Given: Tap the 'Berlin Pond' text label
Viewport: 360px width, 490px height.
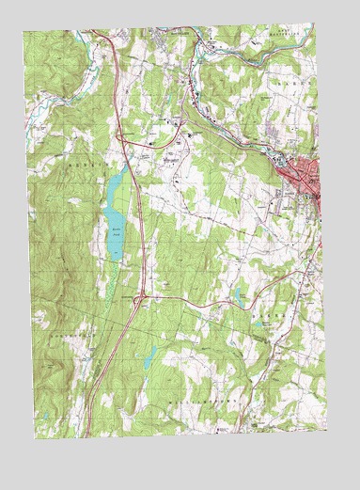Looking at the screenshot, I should click(x=116, y=229).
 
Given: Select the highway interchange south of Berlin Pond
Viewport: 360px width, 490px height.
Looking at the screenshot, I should click(x=140, y=300).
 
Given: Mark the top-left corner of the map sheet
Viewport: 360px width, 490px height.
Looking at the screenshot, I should click(x=23, y=32).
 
